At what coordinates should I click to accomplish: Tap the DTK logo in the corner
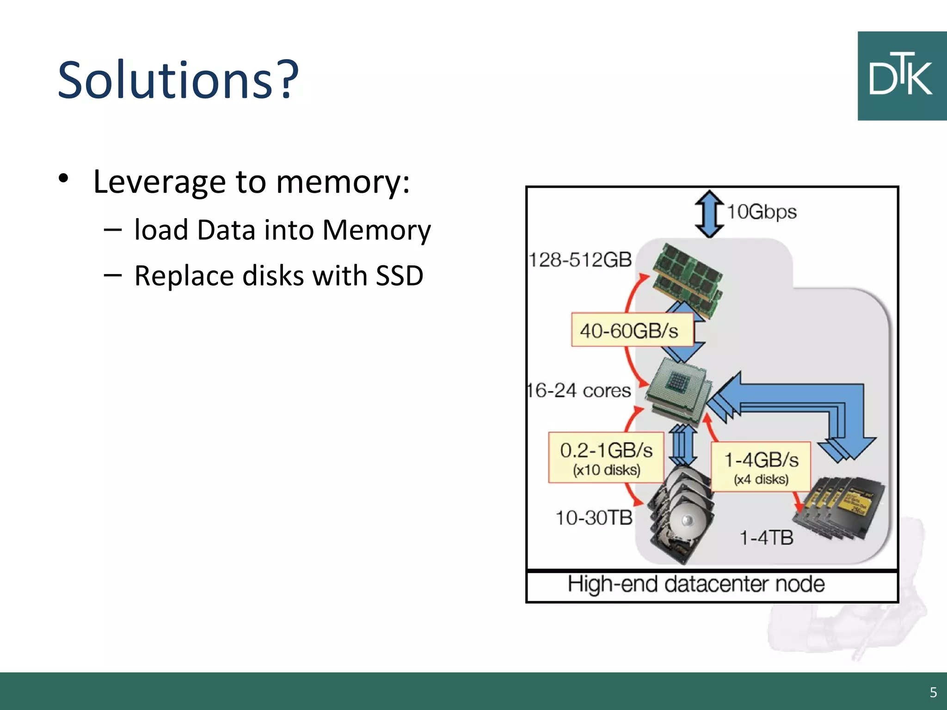(x=902, y=76)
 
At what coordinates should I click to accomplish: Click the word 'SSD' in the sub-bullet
(x=399, y=276)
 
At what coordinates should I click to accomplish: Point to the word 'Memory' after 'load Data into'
(x=376, y=230)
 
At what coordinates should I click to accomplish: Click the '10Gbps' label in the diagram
(x=762, y=212)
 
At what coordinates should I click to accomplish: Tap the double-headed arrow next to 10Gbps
(x=709, y=214)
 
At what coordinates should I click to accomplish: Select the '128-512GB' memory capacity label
(x=580, y=260)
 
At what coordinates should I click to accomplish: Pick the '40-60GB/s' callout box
(x=632, y=330)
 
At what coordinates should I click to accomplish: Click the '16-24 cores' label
(x=579, y=391)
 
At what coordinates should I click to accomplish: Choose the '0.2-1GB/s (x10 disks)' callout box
(x=606, y=458)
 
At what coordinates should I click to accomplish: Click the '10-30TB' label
(x=594, y=518)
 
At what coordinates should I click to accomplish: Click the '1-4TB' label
(x=766, y=538)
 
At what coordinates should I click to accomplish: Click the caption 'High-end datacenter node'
(x=696, y=584)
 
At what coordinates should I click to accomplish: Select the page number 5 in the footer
(x=933, y=692)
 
